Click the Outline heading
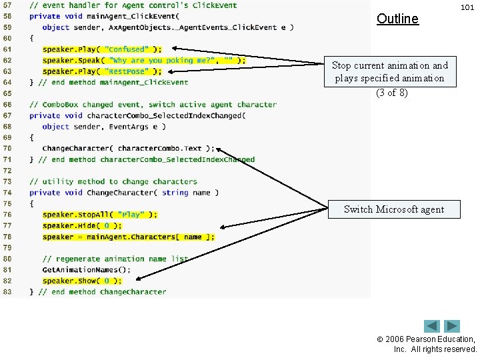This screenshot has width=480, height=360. [397, 19]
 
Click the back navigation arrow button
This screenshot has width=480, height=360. [432, 327]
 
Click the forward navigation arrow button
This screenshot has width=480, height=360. [453, 327]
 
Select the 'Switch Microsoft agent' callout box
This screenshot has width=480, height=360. [393, 209]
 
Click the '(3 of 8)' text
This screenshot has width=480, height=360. [391, 92]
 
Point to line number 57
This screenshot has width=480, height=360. [8, 5]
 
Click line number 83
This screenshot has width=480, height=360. [8, 292]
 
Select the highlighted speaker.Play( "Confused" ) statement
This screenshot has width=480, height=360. [101, 49]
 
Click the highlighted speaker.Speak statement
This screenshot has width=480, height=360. [143, 61]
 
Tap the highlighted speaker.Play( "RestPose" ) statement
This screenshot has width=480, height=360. [101, 71]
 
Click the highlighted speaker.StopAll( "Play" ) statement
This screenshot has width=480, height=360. [100, 215]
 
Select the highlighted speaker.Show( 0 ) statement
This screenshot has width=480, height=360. [82, 281]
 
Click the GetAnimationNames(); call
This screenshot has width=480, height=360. [86, 270]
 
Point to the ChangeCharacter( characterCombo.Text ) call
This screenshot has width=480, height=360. [128, 149]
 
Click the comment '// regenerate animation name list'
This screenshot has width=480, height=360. [115, 259]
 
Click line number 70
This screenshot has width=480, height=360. [8, 149]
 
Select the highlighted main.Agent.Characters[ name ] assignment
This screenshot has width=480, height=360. [128, 237]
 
